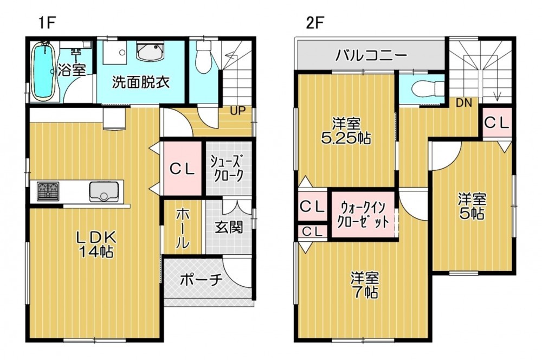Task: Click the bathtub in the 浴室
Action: coord(43,72)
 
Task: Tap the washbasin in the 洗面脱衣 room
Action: coord(150,52)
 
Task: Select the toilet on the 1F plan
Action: coord(203,57)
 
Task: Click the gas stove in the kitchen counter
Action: coord(48,191)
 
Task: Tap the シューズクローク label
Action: coord(228,169)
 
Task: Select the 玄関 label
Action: coord(229,227)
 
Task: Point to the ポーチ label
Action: coord(201,279)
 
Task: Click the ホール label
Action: coord(183,229)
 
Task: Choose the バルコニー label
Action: coord(371,55)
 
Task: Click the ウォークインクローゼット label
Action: coord(363,214)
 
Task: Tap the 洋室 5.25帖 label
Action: coord(346,131)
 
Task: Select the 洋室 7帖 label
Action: coord(365,285)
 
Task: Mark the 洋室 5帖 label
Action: coord(472,207)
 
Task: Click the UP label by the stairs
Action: coord(238,111)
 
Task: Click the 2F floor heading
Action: coord(314,23)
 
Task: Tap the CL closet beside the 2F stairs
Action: coord(496,123)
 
